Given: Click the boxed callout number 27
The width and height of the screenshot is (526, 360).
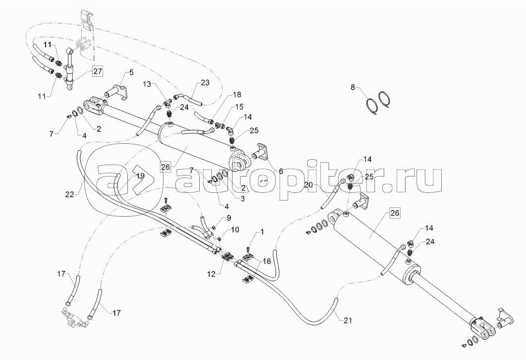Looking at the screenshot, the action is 98,71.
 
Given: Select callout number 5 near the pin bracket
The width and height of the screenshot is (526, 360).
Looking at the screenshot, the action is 131,72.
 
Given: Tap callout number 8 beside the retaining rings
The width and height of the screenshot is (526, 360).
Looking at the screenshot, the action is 352,88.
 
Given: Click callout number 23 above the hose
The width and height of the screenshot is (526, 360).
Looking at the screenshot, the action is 205,82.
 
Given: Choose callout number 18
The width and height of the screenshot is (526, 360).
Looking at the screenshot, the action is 237,95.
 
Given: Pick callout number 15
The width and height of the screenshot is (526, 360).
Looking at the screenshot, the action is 239,107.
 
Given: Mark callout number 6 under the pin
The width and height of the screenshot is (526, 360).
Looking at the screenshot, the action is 281,172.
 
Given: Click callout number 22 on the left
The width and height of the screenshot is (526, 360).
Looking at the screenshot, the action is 69,194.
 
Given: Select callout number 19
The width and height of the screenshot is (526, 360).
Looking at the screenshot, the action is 140,176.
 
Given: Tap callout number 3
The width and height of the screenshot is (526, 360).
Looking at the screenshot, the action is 242,198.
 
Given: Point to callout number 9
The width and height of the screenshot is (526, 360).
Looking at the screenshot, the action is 229,218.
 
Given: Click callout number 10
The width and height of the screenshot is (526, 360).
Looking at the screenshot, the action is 234,230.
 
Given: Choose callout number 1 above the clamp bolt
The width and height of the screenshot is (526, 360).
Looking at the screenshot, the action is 262,232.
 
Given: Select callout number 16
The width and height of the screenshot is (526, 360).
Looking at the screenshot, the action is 267,261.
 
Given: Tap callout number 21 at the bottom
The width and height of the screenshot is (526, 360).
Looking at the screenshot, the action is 348,320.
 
